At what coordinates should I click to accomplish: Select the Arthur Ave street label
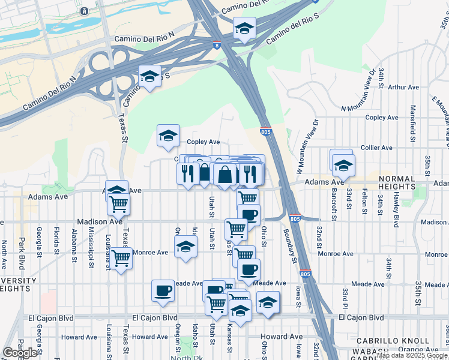(x=403, y=87)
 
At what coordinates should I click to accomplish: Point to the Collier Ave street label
(x=376, y=148)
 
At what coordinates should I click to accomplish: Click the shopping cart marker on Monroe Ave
(x=121, y=259)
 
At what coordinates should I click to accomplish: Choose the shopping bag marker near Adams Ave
(x=224, y=175)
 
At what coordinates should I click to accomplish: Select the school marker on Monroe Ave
(x=186, y=247)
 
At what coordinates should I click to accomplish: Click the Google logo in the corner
(x=20, y=353)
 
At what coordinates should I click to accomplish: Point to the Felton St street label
(x=364, y=201)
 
